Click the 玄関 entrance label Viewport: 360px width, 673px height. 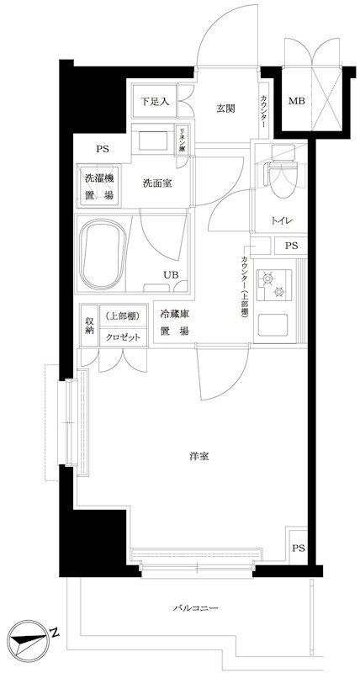[x=225, y=108]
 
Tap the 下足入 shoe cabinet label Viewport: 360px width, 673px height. [x=155, y=102]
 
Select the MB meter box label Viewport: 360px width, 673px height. [x=297, y=103]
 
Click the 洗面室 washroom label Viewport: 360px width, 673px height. [x=157, y=183]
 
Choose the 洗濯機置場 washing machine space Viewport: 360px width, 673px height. [x=99, y=185]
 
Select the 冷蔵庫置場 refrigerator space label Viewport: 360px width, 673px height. [x=175, y=322]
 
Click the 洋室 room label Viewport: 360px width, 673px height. [x=199, y=457]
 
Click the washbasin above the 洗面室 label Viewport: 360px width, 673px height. [x=152, y=139]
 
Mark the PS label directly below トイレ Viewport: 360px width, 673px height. [x=290, y=246]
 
